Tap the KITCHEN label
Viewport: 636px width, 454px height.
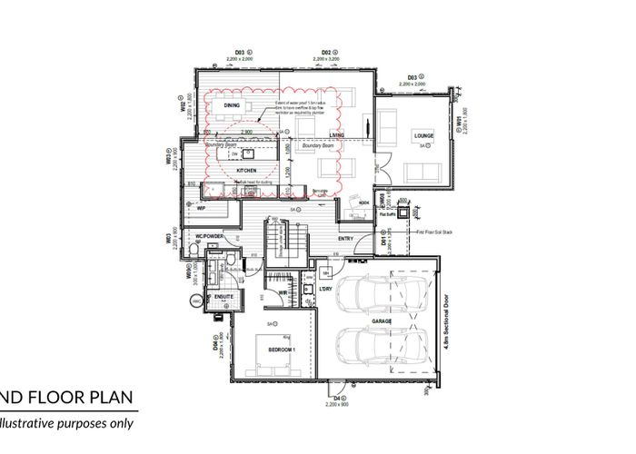click(x=246, y=171)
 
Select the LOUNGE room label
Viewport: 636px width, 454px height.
click(x=423, y=136)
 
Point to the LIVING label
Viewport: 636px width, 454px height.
click(x=337, y=136)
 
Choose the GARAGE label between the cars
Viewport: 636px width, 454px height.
click(x=380, y=321)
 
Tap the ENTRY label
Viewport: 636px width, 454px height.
click(x=345, y=239)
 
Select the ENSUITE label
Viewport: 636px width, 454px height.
click(x=224, y=296)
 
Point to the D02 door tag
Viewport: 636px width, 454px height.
click(x=328, y=54)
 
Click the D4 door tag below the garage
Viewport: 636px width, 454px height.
click(x=337, y=397)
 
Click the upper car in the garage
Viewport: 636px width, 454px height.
click(x=378, y=293)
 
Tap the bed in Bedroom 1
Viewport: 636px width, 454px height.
click(x=276, y=354)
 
